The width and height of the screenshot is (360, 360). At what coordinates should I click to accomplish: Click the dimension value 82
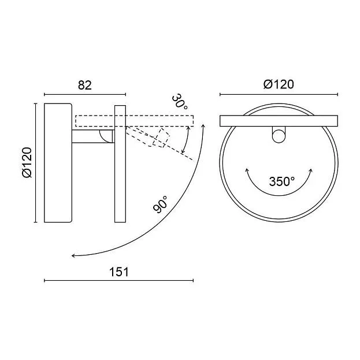coord(85,85)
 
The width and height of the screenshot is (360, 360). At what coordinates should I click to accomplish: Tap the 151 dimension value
coord(119,272)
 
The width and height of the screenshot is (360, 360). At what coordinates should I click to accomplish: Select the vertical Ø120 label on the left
coord(27,162)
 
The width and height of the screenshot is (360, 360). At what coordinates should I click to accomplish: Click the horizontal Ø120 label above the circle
coord(279,84)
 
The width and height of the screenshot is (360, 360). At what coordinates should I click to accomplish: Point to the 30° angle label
coord(180,102)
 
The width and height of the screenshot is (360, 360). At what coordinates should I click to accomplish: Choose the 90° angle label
coord(161,205)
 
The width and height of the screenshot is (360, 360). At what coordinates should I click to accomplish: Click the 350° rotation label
coord(282,181)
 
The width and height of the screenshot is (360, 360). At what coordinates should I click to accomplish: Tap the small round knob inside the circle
coord(279,136)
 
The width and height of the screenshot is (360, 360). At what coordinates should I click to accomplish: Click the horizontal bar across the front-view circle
coord(279,121)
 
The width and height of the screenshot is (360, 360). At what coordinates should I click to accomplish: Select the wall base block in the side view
coord(58,163)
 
